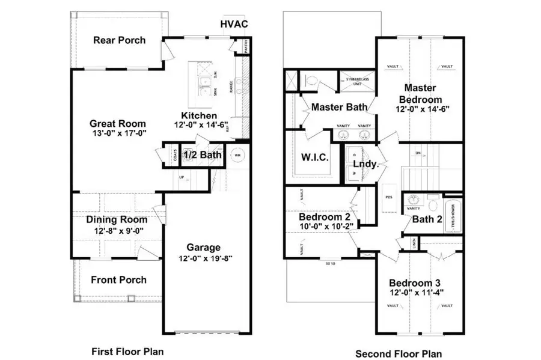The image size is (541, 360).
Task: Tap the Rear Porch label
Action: point(119,40)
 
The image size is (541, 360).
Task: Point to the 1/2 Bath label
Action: point(203,155)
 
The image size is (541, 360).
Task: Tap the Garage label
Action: point(203,247)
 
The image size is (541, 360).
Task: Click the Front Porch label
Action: point(118,279)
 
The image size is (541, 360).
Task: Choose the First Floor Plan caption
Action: point(127,351)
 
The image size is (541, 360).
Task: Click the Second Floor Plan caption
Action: point(399,353)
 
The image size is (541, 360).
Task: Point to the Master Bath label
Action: point(339,108)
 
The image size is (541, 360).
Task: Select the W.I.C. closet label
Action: point(314,157)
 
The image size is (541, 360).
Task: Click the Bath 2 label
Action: point(427,219)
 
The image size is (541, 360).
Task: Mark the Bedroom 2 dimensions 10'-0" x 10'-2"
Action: point(326,226)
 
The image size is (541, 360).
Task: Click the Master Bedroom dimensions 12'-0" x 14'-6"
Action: point(423,109)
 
